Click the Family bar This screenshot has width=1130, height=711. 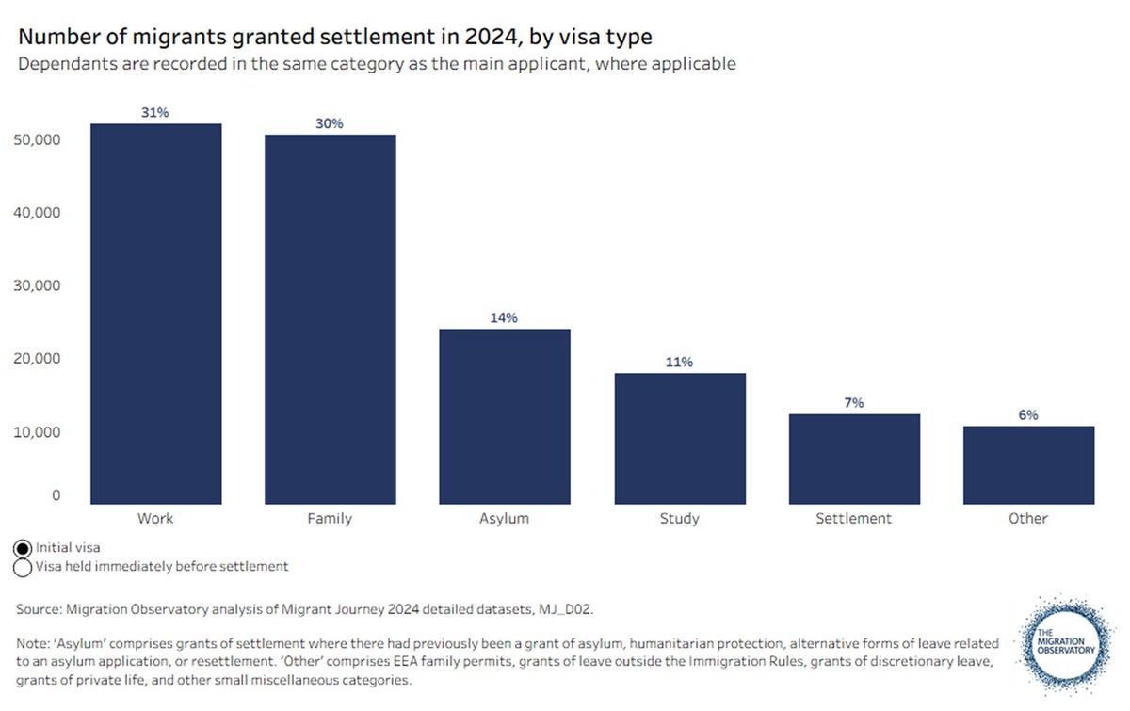click(330, 319)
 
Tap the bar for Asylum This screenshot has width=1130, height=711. click(504, 416)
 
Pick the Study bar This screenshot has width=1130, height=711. click(679, 438)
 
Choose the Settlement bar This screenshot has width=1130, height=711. click(854, 459)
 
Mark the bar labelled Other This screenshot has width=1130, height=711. click(1028, 465)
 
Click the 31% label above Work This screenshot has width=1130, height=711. click(155, 113)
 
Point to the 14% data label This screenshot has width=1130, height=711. click(504, 318)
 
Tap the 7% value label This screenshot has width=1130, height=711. click(854, 403)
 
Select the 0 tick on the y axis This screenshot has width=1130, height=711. click(56, 495)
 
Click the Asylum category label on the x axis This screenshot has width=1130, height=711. click(504, 519)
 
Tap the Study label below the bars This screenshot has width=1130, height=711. click(679, 519)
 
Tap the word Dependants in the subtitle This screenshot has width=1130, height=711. click(57, 65)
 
